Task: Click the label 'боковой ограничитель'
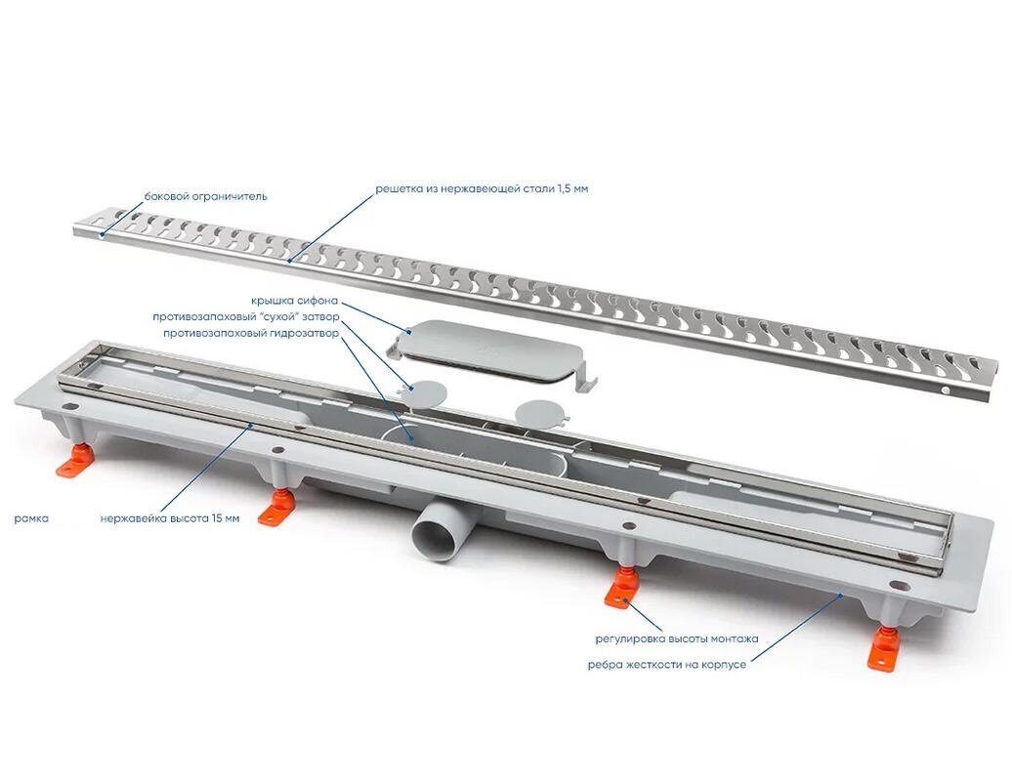pos(205,196)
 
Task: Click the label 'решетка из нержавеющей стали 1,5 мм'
pos(483,189)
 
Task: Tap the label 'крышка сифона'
pos(294,302)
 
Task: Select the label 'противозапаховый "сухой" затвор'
pos(246,317)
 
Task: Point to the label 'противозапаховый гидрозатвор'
pos(251,334)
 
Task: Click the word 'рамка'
pos(31,517)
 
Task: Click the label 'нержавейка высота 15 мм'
pos(170,517)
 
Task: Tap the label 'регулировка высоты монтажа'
pos(676,639)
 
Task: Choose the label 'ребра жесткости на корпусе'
pos(667,664)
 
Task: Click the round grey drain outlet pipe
pos(438,528)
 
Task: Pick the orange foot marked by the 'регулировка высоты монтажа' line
pos(621,588)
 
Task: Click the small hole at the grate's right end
pos(945,390)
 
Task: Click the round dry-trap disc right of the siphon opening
pos(541,413)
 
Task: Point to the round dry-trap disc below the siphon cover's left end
pos(424,392)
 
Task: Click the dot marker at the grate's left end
pos(101,236)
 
